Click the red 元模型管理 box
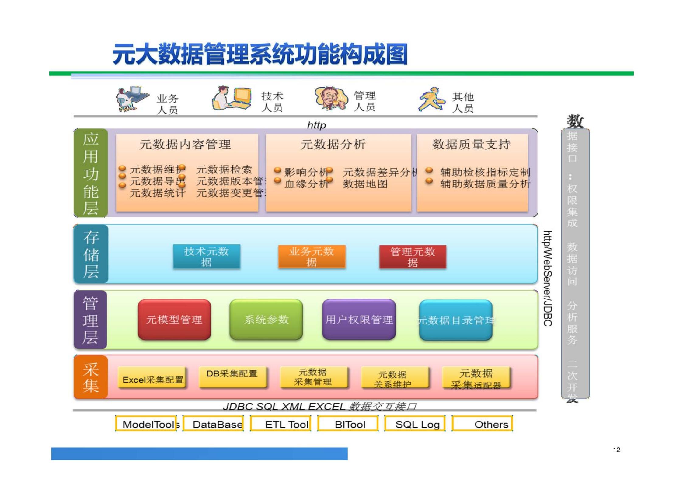174,320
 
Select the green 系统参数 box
266,320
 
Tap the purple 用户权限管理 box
359,320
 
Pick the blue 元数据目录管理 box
455,320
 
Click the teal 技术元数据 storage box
206,257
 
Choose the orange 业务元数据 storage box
312,257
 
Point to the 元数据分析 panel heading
333,144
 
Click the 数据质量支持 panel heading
471,144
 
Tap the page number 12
616,450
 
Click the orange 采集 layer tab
91,377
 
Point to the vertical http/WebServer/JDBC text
547,278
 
